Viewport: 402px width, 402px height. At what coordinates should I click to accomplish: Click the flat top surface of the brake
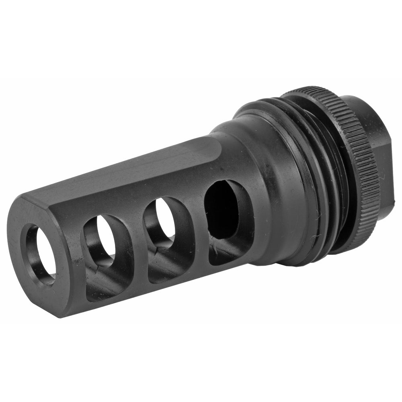[133, 169]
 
